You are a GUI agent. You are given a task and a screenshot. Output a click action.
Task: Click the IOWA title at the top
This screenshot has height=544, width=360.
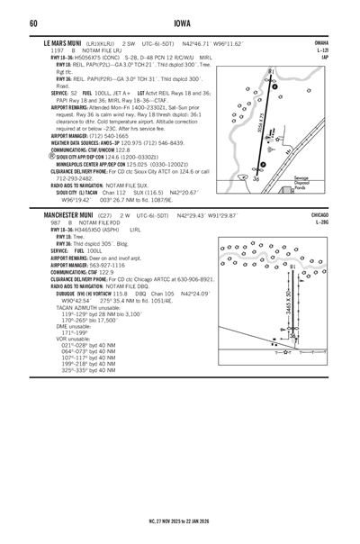pyautogui.click(x=179, y=23)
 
